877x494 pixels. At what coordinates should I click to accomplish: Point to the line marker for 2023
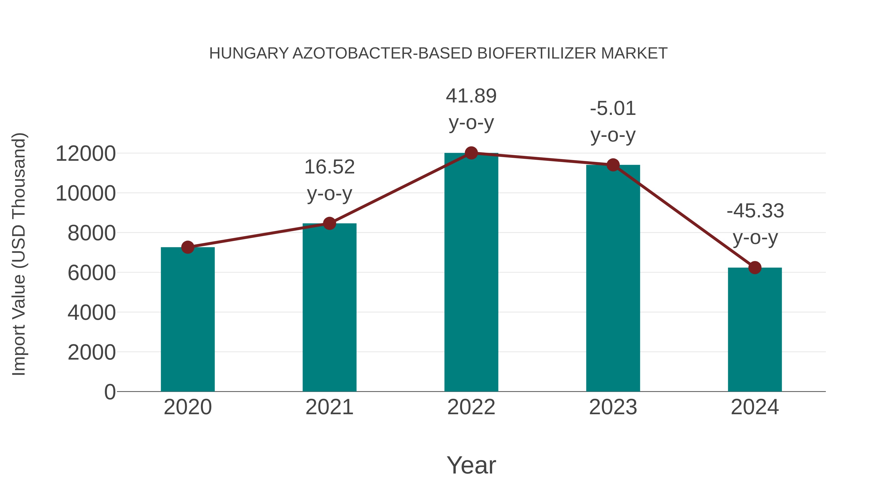click(613, 165)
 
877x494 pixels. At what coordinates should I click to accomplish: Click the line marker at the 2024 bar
click(755, 268)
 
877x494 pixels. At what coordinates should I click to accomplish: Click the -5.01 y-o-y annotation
click(613, 122)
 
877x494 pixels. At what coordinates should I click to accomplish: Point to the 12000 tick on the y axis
click(86, 154)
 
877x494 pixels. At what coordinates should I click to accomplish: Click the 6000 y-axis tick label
click(92, 273)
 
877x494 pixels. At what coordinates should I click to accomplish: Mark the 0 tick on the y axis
click(110, 392)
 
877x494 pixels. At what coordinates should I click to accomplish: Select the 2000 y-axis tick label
click(92, 353)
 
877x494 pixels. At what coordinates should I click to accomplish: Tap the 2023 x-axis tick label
click(613, 407)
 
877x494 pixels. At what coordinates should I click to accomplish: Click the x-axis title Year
click(471, 465)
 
